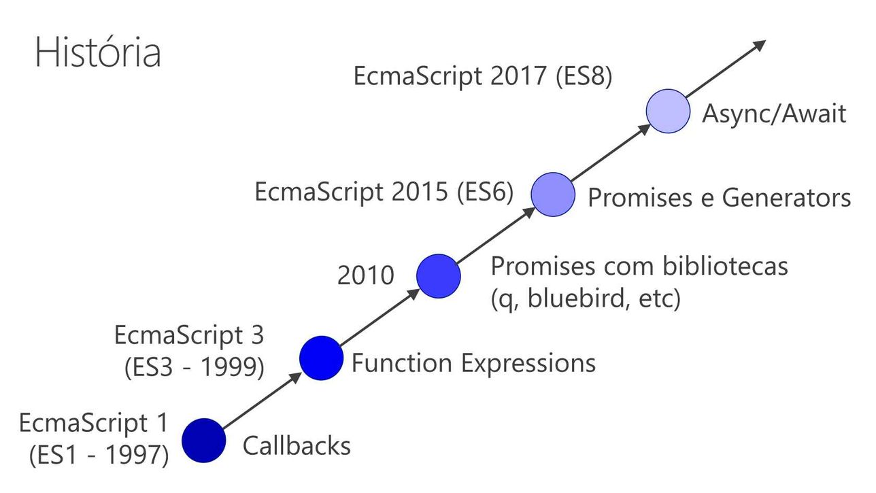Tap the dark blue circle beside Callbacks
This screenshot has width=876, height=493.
tap(204, 440)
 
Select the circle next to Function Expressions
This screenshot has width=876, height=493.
tap(322, 358)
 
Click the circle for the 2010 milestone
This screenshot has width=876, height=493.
tap(439, 276)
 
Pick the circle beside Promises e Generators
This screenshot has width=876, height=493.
tap(553, 194)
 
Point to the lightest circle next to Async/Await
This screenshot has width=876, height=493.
tap(668, 111)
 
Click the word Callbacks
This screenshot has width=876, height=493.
tap(297, 445)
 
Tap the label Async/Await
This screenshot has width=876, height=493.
tap(774, 114)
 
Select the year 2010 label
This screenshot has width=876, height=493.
tap(366, 275)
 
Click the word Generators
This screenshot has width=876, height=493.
tap(786, 197)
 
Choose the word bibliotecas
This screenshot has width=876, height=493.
tap(725, 267)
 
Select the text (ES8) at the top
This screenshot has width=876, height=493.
tap(584, 76)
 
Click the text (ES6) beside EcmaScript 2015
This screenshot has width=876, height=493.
tap(485, 192)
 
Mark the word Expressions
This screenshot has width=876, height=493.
tap(528, 364)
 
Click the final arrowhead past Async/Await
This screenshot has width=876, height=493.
tap(759, 45)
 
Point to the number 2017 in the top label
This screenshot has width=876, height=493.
tap(518, 76)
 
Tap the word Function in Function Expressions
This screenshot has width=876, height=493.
tap(402, 363)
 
